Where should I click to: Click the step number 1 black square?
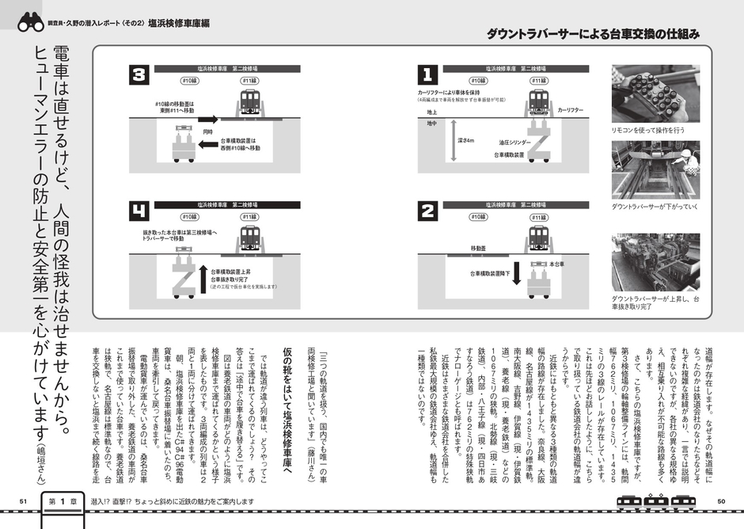coord(427,76)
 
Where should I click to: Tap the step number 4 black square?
coord(139,211)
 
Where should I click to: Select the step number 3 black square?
coord(139,76)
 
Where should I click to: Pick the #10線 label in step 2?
coord(478,215)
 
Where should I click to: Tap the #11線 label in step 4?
coord(250,215)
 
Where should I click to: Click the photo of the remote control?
coord(655,93)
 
